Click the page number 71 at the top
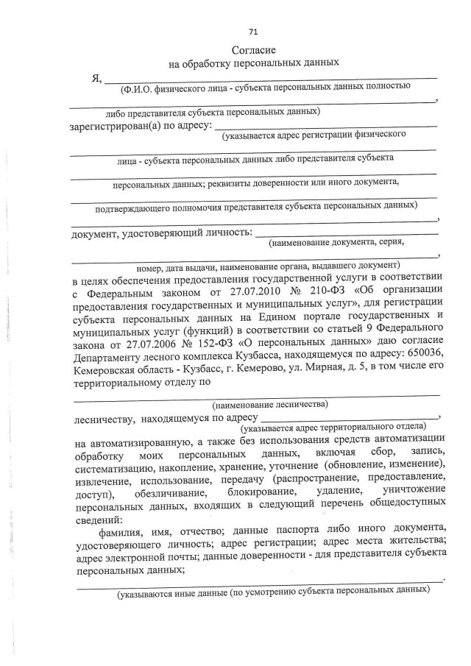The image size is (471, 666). [253, 32]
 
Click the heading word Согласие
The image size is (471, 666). [253, 51]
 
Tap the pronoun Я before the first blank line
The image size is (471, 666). [95, 79]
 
